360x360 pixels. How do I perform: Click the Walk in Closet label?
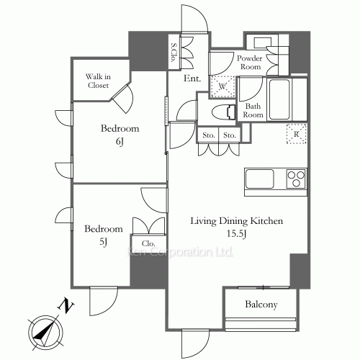[x=98, y=81]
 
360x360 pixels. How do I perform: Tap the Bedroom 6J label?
[x=120, y=135]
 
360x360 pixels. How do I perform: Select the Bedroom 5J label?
[x=104, y=235]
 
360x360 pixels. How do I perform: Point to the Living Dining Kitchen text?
[x=237, y=221]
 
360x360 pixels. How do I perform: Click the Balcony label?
[x=261, y=305]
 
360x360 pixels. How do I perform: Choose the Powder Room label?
[x=250, y=63]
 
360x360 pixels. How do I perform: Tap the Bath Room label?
[x=253, y=110]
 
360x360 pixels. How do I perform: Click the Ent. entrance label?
[x=192, y=78]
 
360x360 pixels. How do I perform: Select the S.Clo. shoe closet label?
[x=174, y=53]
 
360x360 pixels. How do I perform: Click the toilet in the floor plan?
[x=223, y=112]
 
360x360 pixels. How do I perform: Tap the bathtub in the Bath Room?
[x=279, y=99]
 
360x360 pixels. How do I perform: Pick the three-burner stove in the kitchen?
[x=297, y=179]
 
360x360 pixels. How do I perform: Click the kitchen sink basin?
[x=259, y=179]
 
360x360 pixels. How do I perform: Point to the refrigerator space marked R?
[x=297, y=134]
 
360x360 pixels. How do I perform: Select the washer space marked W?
[x=222, y=86]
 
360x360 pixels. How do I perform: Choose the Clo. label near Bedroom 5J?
[x=148, y=243]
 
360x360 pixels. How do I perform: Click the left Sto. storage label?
[x=208, y=135]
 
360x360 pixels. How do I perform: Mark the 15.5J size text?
[x=237, y=233]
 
